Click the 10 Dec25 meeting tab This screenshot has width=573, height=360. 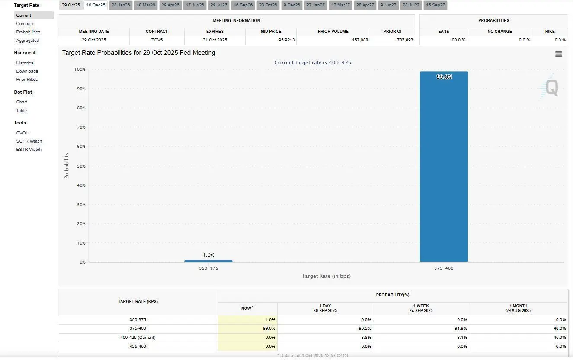tap(96, 5)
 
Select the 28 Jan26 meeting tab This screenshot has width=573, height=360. tap(121, 5)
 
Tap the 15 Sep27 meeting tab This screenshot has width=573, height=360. tap(435, 5)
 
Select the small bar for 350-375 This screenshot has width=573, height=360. tap(208, 261)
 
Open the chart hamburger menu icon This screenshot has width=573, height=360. tap(559, 54)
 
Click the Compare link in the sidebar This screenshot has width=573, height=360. tap(25, 24)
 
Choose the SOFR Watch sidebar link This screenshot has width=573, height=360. tap(29, 141)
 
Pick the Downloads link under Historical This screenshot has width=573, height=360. tap(27, 71)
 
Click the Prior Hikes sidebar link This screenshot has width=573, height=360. tap(27, 80)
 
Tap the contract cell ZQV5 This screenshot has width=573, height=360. tap(157, 40)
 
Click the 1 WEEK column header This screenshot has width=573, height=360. tap(420, 308)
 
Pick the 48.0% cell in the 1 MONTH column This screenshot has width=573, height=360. tap(560, 328)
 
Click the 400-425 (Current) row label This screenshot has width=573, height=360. tap(138, 338)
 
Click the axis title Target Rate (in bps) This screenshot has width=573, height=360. tap(326, 276)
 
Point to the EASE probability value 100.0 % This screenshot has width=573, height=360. tap(458, 40)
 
